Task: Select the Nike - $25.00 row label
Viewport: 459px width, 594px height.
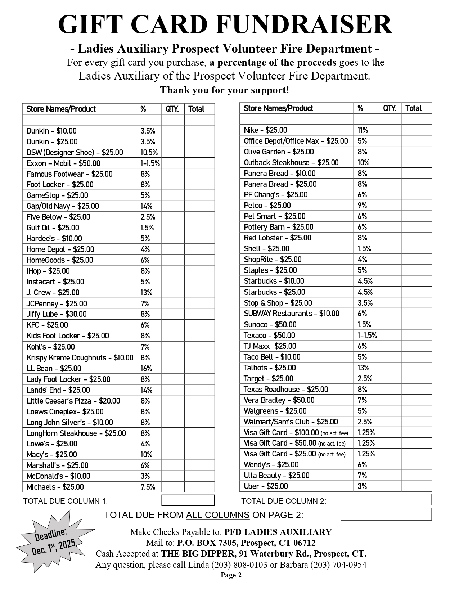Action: [x=265, y=130]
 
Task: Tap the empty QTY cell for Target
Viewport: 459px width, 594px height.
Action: [x=390, y=378]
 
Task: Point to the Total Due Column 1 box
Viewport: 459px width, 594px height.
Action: [x=188, y=500]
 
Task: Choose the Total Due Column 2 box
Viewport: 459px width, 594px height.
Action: [x=405, y=499]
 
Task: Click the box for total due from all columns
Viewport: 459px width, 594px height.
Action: [x=386, y=514]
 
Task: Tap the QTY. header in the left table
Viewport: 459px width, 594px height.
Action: [x=172, y=109]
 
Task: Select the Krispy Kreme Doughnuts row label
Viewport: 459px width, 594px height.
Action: [x=80, y=357]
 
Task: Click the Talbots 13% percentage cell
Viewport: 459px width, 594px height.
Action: [x=364, y=368]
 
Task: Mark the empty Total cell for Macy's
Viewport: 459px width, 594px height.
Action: [x=199, y=454]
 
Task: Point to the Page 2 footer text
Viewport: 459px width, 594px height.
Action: [x=231, y=575]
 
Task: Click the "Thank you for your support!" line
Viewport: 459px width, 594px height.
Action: [x=225, y=90]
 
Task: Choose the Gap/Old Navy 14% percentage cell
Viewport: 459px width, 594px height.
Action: [x=147, y=206]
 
